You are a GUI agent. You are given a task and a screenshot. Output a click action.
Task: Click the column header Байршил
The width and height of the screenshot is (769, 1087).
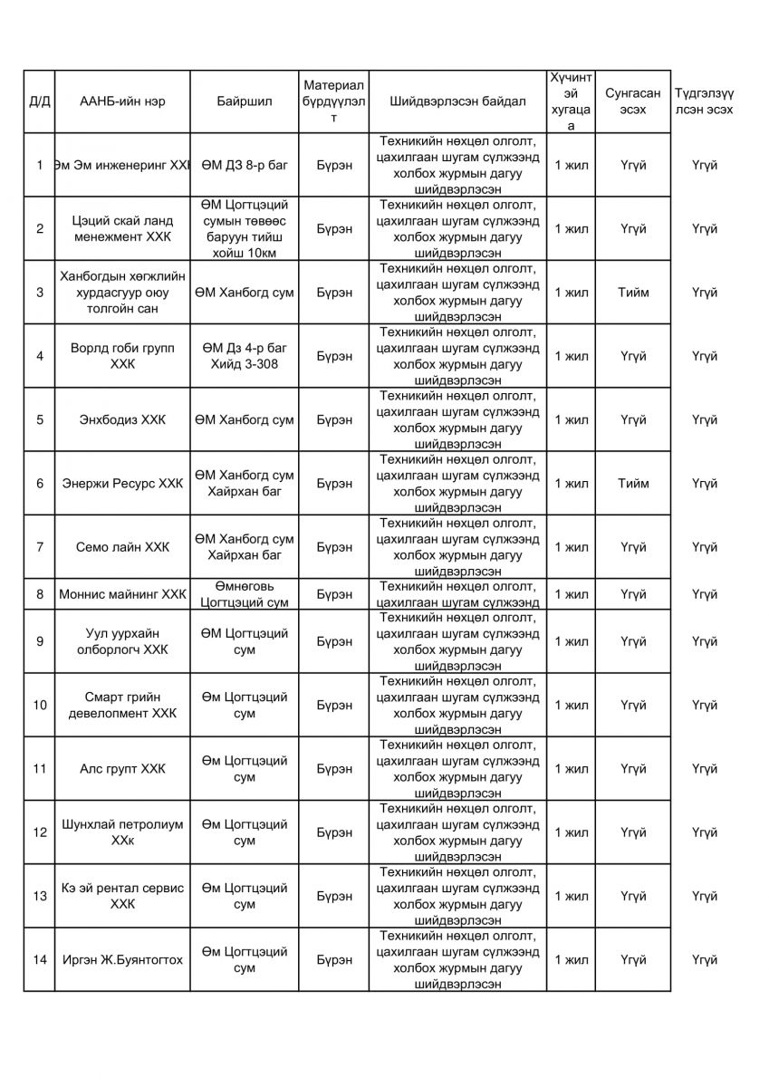pos(245,101)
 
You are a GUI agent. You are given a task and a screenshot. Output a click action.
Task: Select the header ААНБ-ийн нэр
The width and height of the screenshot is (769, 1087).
pos(122,101)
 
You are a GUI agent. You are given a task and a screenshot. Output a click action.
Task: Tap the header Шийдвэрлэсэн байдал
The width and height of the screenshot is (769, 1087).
pos(457,101)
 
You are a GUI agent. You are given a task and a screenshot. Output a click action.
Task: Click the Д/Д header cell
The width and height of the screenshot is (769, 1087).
pos(39,101)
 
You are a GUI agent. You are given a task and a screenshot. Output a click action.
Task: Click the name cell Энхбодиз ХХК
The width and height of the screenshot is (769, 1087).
pos(122,420)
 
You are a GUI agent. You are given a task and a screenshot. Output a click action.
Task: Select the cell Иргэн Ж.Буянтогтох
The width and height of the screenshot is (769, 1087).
pos(122,960)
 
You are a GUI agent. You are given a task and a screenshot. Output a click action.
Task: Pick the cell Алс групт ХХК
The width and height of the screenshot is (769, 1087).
pos(122,769)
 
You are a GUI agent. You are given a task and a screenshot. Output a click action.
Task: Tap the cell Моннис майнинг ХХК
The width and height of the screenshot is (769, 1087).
pos(122,595)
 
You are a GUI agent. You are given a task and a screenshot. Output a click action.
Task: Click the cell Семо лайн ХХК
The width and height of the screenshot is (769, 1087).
pos(122,547)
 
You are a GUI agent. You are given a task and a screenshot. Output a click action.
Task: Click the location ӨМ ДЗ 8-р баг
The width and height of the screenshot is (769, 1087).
pos(245,166)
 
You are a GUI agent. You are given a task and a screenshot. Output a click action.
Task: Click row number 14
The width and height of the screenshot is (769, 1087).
pos(39,960)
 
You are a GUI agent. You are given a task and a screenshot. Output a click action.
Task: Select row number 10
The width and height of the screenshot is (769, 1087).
pos(39,706)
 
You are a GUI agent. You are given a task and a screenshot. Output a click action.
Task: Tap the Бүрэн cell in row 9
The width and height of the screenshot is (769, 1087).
pos(334,642)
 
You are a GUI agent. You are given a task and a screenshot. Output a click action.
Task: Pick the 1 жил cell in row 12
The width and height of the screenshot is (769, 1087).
pos(572,832)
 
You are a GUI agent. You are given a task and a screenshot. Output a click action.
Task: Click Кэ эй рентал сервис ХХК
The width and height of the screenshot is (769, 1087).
pos(122,897)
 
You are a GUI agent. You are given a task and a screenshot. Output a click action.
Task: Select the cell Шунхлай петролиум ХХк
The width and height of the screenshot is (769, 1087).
pos(122,832)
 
